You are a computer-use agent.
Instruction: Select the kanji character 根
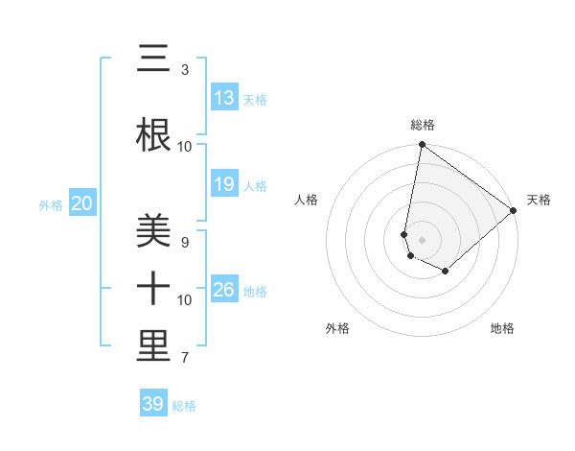[x=153, y=135]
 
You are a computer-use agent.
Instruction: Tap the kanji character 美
[x=153, y=231]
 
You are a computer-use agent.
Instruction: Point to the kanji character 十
[x=153, y=289]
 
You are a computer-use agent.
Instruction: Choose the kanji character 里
[x=153, y=346]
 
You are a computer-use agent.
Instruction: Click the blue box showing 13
[x=224, y=98]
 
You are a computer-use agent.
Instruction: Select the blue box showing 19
[x=224, y=184]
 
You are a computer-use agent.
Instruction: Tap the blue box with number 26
[x=224, y=290]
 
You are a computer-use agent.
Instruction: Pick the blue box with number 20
[x=82, y=203]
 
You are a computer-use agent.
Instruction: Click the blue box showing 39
[x=153, y=404]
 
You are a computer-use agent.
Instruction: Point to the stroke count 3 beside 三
[x=184, y=70]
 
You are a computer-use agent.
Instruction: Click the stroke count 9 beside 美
[x=184, y=243]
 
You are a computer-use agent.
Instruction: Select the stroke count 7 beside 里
[x=184, y=358]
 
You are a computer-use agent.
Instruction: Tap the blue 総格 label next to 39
[x=184, y=406]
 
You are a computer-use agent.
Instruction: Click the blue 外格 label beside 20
[x=51, y=204]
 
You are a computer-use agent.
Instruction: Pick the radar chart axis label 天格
[x=539, y=200]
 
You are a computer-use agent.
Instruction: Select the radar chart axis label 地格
[x=502, y=328]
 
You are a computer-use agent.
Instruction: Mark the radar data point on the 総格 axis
[x=422, y=146]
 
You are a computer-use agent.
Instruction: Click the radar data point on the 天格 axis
[x=514, y=210]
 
